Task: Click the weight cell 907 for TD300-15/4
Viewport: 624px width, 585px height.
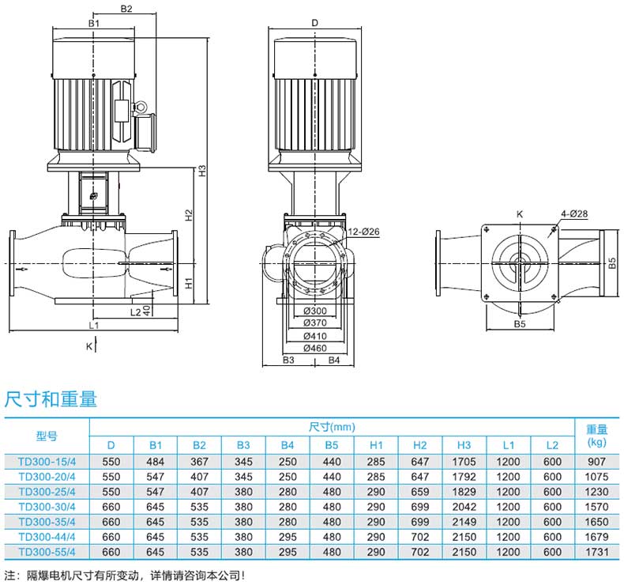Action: point(596,462)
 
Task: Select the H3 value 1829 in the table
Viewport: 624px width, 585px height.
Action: point(464,492)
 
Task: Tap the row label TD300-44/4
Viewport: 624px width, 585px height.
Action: point(47,537)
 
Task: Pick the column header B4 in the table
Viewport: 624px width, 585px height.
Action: point(288,445)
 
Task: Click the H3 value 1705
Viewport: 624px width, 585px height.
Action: point(464,462)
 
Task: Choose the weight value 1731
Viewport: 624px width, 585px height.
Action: point(596,552)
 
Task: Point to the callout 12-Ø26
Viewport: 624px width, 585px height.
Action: point(363,232)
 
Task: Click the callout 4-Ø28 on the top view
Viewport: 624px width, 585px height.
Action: point(574,214)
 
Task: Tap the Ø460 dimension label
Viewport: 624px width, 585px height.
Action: point(315,348)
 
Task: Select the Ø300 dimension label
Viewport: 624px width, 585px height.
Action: point(315,311)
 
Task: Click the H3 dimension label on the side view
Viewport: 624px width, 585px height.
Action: point(202,172)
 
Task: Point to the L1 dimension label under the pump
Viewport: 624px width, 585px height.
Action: point(93,326)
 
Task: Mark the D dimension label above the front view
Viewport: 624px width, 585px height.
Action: point(315,23)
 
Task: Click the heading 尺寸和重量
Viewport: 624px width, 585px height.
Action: point(51,399)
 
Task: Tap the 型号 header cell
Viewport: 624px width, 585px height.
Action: point(47,436)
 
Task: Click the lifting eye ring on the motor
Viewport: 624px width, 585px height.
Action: point(141,107)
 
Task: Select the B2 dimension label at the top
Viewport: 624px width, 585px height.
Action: point(126,9)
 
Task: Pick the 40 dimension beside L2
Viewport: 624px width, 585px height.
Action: point(147,311)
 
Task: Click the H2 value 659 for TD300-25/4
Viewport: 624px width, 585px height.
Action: point(420,492)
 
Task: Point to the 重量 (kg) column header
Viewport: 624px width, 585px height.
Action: point(596,436)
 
